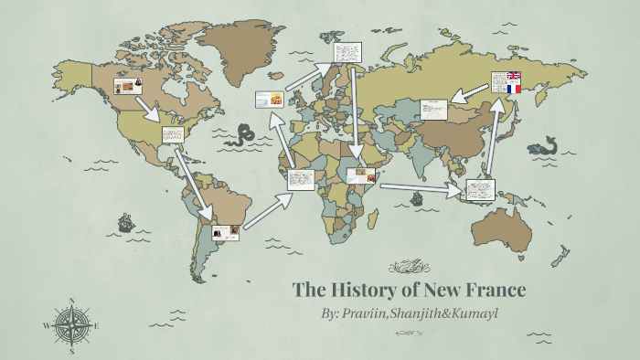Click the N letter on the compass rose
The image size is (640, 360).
(x=71, y=301)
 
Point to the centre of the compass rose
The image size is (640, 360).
(x=71, y=325)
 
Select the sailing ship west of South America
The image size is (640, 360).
(x=125, y=221)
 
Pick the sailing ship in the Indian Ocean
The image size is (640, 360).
(x=417, y=196)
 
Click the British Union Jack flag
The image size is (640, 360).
(x=513, y=77)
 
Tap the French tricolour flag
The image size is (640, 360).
(x=513, y=89)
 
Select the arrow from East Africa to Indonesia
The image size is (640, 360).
(x=421, y=188)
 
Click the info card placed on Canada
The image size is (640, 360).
(x=127, y=87)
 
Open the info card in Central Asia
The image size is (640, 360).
(x=433, y=109)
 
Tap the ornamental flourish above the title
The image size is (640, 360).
(x=409, y=267)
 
